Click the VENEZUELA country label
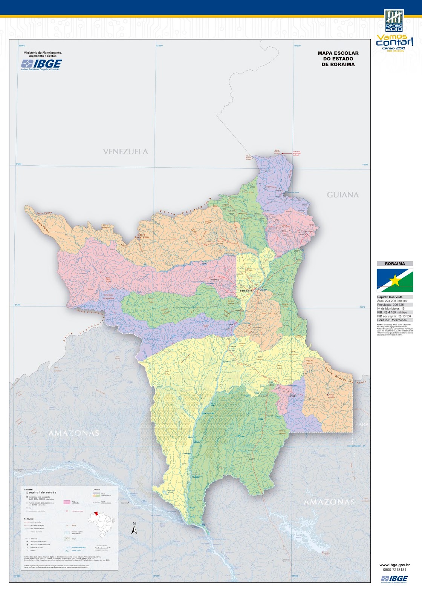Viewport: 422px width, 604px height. tap(125, 151)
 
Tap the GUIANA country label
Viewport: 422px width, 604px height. tap(342, 195)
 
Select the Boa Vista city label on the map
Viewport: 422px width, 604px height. tap(246, 291)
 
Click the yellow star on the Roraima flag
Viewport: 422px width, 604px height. tap(395, 280)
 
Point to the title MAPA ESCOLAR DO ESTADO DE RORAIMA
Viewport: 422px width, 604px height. tap(338, 59)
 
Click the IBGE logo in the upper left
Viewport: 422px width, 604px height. tap(41, 65)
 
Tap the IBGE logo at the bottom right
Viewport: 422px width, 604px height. tap(394, 579)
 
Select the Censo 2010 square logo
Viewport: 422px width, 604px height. tap(394, 21)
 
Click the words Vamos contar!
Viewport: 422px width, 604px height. tap(394, 40)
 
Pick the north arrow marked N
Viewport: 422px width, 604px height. tap(134, 528)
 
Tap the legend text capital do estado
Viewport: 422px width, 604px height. tap(42, 493)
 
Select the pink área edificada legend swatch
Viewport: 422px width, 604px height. tap(67, 502)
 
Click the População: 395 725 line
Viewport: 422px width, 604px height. tap(390, 305)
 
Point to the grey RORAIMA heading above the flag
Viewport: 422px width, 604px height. tap(395, 263)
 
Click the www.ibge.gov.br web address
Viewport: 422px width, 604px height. tap(394, 565)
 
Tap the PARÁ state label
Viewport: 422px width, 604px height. tap(362, 425)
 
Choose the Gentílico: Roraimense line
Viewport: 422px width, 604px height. tap(392, 320)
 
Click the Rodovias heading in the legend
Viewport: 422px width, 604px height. tap(28, 519)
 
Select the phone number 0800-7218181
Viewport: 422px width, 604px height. tap(394, 570)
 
